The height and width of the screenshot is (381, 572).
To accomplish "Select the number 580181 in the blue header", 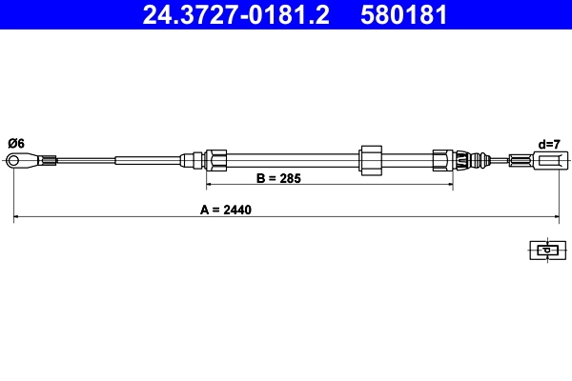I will pos(403,15).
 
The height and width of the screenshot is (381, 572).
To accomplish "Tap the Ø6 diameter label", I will pos(16,143).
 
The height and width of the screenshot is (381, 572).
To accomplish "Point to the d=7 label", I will pos(548,144).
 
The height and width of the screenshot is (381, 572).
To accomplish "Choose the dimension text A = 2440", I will pos(226,209).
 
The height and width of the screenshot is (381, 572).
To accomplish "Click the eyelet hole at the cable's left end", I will pos(16,160).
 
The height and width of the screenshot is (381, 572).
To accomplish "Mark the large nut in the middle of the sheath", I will pos(369,159).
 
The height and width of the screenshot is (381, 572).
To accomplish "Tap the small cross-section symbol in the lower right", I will pos(545,251).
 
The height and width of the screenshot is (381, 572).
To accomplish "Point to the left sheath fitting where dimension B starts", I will pos(215,159).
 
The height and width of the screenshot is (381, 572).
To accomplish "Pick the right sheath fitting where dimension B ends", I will pos(443,159).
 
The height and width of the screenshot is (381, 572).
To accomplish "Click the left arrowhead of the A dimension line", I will pos(17,218).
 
